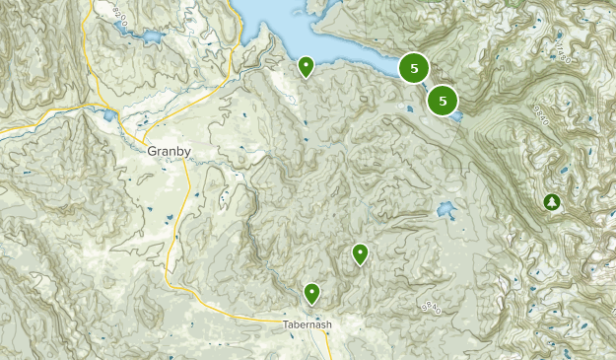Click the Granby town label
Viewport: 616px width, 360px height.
click(168, 152)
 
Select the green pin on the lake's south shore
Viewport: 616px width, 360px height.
click(306, 67)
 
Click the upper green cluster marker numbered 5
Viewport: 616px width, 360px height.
click(414, 68)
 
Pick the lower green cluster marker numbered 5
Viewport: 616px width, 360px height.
click(444, 99)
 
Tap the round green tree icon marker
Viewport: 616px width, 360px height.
click(552, 202)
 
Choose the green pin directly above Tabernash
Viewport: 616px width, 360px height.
click(312, 292)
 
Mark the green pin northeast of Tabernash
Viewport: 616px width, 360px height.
click(361, 253)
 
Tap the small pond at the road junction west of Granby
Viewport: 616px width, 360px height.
click(109, 114)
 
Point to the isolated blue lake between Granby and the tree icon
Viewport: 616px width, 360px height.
click(445, 210)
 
